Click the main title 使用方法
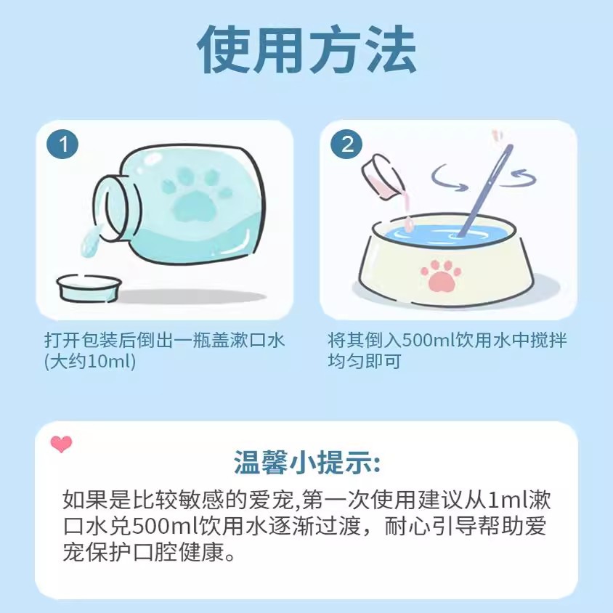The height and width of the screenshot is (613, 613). (306, 49)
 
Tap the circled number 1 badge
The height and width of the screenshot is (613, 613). (62, 145)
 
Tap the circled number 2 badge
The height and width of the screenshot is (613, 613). (346, 145)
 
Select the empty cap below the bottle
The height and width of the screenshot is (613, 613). (89, 288)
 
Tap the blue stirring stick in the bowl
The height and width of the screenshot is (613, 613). (486, 190)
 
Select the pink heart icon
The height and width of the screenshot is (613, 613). (62, 444)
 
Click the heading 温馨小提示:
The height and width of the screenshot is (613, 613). (307, 463)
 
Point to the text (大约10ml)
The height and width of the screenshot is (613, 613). (90, 362)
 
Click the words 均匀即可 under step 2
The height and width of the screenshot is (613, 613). (365, 361)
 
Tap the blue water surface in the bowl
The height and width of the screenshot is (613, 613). (442, 235)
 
